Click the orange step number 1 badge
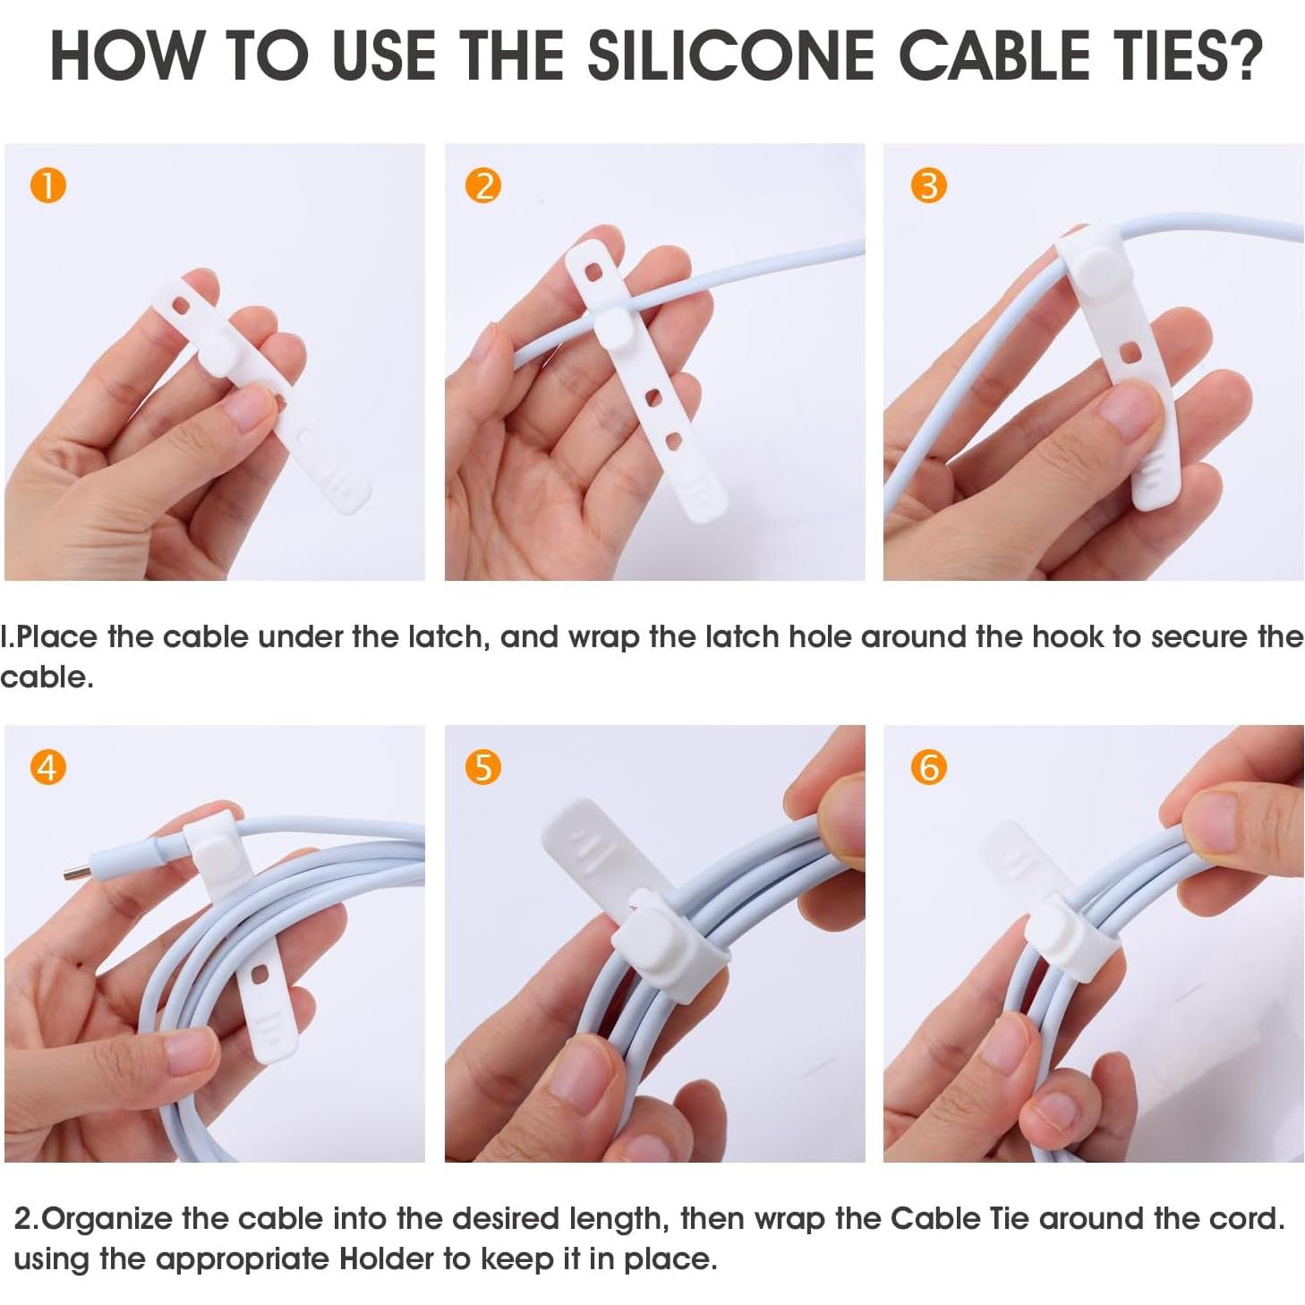[48, 185]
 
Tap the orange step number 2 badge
[483, 185]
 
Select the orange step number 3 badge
[928, 185]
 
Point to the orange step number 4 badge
[48, 767]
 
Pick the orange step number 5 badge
[483, 767]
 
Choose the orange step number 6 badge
[928, 767]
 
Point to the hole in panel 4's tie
[260, 975]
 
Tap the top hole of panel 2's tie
[593, 271]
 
